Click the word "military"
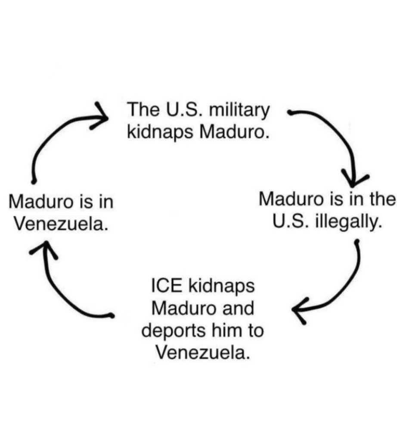tap(239, 110)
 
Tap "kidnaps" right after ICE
tap(221, 287)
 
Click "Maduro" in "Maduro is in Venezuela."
tap(41, 202)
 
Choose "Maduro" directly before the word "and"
tap(184, 308)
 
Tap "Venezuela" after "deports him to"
tap(203, 353)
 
